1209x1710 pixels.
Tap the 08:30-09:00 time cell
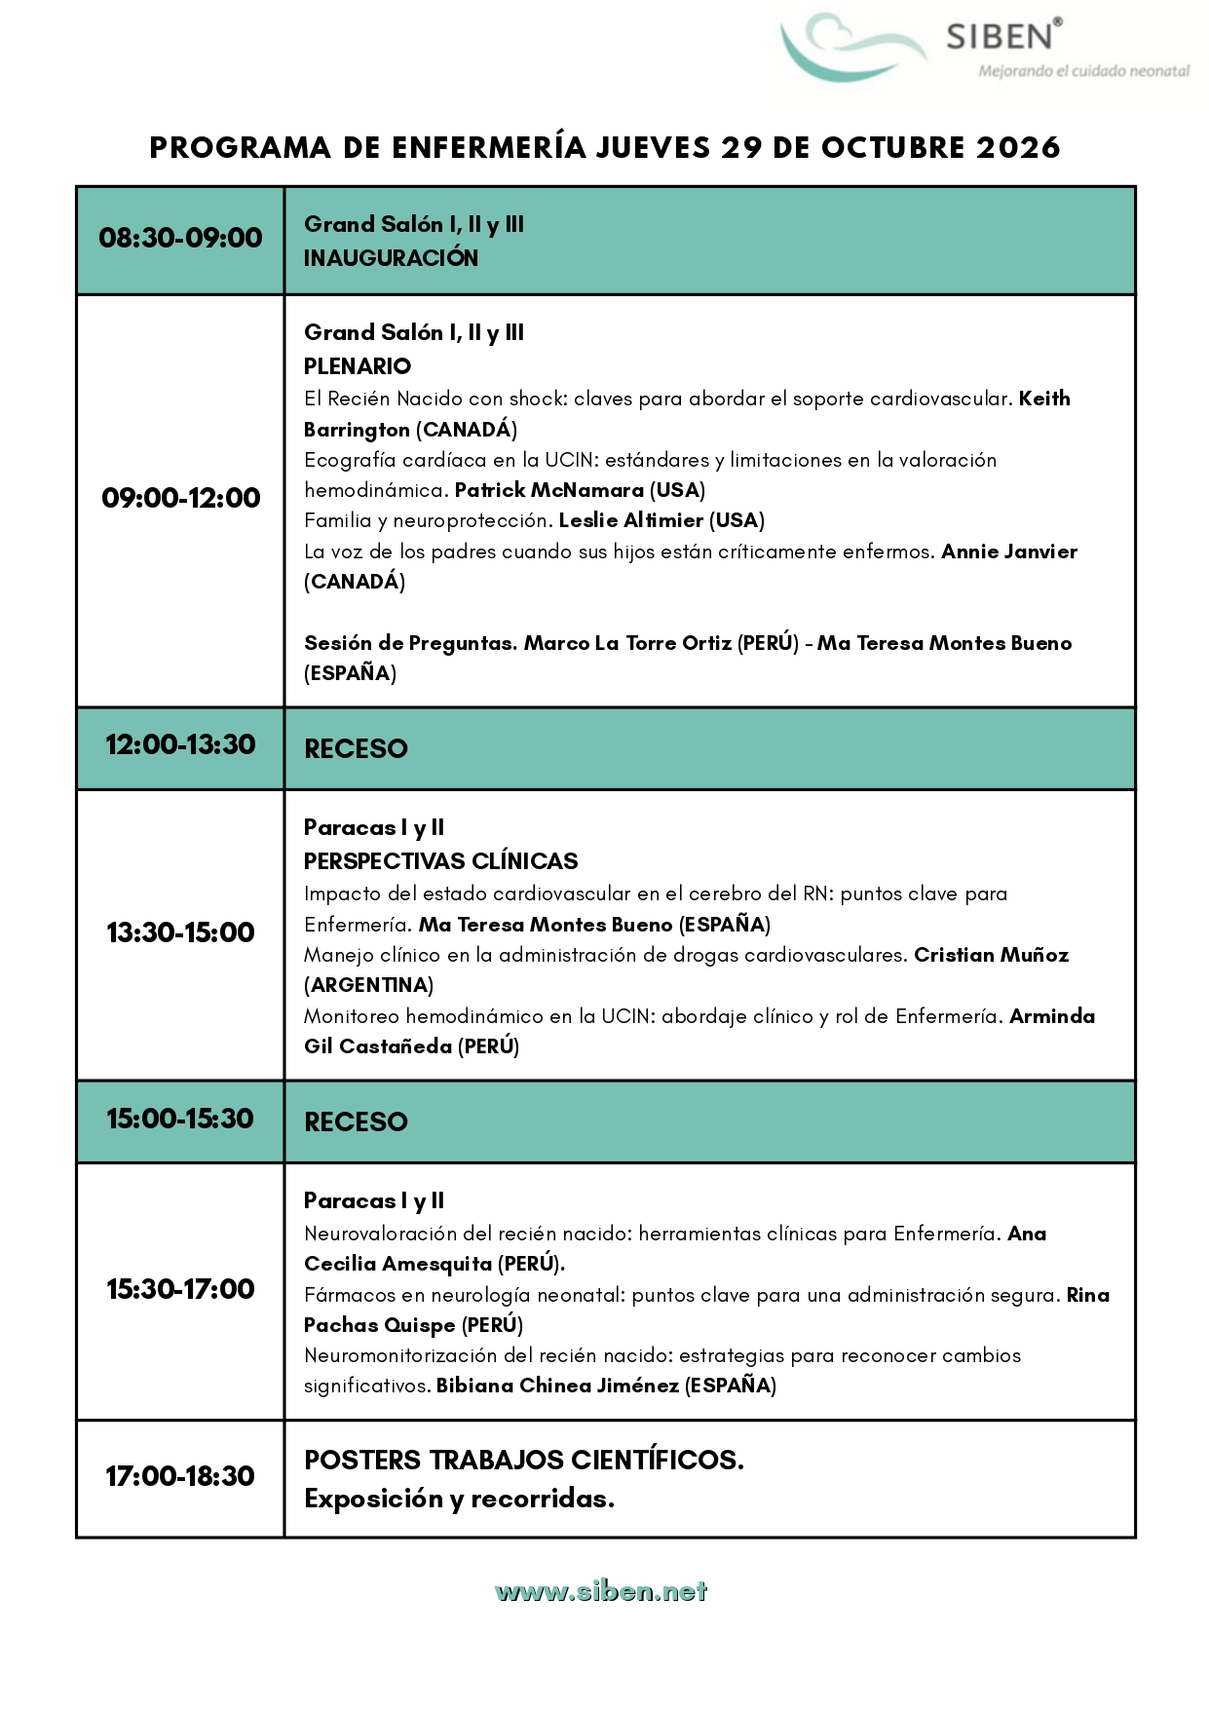(180, 238)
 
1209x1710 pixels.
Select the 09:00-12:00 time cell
(180, 498)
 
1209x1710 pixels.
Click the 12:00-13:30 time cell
(180, 745)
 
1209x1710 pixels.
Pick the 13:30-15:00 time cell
(180, 932)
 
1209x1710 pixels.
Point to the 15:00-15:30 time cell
(180, 1119)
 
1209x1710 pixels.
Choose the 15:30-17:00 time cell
(180, 1289)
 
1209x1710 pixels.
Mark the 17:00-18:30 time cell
(180, 1476)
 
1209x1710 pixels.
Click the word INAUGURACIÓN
(391, 258)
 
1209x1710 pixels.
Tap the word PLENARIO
(358, 366)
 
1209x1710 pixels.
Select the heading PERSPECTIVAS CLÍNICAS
(440, 861)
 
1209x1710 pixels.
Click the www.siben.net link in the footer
(600, 1592)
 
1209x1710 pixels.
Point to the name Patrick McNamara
(548, 490)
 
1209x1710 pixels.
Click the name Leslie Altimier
(630, 520)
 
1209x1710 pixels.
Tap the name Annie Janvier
(1008, 551)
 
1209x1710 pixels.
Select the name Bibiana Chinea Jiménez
(557, 1386)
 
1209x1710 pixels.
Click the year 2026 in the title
(1018, 147)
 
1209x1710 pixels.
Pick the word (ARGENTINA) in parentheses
(368, 985)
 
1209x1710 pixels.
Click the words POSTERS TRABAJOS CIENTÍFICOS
(523, 1460)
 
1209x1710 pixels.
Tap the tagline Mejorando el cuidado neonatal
(1083, 71)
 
